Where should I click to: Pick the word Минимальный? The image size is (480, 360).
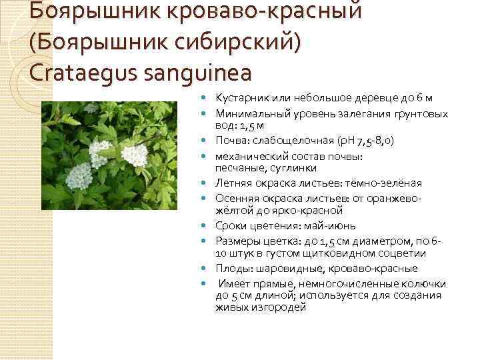[x=247, y=114]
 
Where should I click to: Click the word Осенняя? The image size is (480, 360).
[x=234, y=199]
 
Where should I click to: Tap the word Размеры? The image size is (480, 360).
[x=235, y=241]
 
